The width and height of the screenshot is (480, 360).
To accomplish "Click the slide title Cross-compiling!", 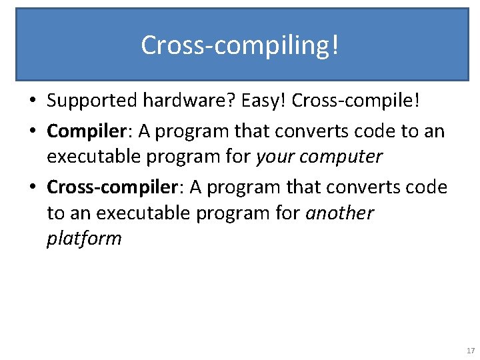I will click(x=240, y=45).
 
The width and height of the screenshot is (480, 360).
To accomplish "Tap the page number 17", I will click(x=471, y=351).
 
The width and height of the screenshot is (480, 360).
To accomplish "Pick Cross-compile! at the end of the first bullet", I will click(x=356, y=101).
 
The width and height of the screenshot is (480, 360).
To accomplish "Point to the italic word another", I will click(x=339, y=213).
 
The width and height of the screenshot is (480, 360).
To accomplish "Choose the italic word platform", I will click(x=84, y=239).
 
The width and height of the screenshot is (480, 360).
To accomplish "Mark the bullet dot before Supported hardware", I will click(x=33, y=102).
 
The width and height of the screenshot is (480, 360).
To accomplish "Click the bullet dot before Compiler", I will click(x=33, y=131).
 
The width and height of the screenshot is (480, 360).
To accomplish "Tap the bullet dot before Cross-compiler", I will click(x=33, y=188).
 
